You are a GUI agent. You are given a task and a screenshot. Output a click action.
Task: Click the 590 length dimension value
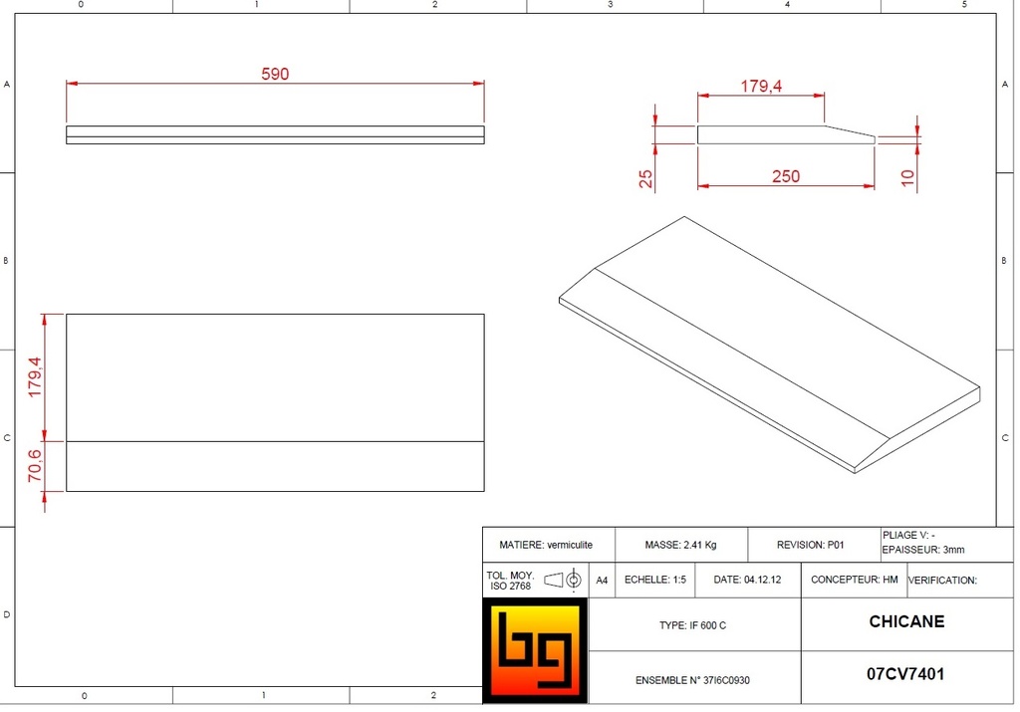[275, 74]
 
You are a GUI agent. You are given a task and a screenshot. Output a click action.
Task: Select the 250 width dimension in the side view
[786, 177]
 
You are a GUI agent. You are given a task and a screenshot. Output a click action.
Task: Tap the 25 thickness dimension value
[645, 179]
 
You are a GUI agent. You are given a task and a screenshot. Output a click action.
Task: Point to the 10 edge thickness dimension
[908, 177]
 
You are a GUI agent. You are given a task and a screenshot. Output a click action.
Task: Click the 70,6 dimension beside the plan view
[35, 466]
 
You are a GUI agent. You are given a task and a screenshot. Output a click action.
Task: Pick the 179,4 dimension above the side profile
[761, 86]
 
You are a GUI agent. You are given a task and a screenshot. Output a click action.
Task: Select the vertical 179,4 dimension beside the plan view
[35, 377]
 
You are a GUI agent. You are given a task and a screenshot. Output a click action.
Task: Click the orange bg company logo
[535, 650]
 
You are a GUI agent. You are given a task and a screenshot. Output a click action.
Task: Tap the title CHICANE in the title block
[906, 621]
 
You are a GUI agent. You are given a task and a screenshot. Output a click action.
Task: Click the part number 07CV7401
[905, 674]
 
